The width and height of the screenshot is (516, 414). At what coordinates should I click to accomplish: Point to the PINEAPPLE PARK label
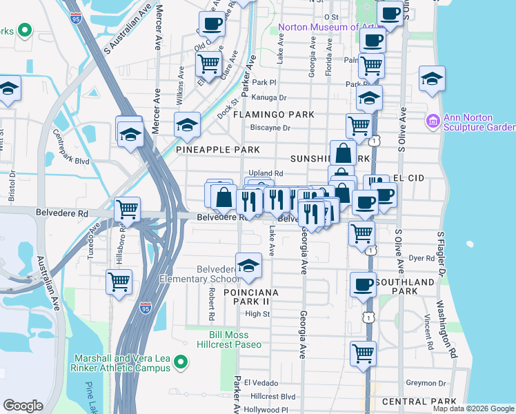click(x=217, y=150)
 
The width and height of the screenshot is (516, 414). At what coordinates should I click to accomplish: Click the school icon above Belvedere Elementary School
click(x=248, y=266)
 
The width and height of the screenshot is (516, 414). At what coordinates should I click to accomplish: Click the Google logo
click(x=23, y=405)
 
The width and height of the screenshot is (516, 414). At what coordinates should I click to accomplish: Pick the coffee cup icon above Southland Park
click(x=363, y=284)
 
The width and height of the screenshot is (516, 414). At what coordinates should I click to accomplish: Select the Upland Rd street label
click(x=265, y=173)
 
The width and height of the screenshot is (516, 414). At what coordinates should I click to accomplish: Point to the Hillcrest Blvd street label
click(x=273, y=397)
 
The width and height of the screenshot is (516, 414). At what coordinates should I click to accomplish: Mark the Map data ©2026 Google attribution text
click(x=473, y=408)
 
